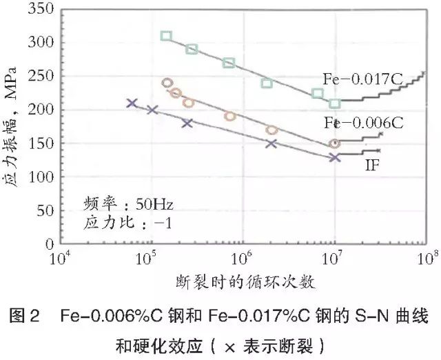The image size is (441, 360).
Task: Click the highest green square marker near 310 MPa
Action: [x=166, y=36]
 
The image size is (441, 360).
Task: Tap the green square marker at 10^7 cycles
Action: [x=335, y=104]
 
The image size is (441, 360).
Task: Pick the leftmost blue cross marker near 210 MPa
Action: [x=132, y=103]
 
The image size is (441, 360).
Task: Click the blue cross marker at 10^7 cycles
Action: [x=335, y=157]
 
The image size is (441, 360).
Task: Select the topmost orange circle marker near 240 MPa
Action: [x=167, y=83]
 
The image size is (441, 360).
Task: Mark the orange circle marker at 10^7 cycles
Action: [x=335, y=144]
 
